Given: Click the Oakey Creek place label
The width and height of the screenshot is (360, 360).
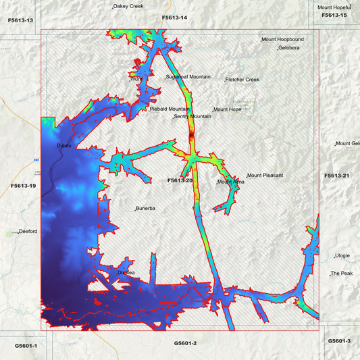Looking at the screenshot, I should (x=128, y=6).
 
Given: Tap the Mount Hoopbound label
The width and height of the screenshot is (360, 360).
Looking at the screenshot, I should (x=283, y=40).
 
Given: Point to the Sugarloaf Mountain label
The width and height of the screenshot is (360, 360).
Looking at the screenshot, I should (x=188, y=77).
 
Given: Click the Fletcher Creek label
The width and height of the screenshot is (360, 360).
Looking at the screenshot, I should (x=242, y=80).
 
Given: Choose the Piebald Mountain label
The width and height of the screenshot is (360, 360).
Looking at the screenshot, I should (x=170, y=109).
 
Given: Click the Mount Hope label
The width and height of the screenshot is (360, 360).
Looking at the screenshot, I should (x=228, y=109).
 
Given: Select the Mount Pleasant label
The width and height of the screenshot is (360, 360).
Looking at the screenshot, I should (x=265, y=176).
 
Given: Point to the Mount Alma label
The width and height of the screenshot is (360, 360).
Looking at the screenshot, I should (x=231, y=182).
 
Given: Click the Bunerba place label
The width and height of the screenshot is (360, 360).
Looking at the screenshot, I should (x=147, y=209).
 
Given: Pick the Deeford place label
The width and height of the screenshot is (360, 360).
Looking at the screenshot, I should (x=28, y=231).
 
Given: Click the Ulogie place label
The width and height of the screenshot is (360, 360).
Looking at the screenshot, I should (x=343, y=256).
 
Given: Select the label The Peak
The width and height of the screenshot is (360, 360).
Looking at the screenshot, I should (x=342, y=274).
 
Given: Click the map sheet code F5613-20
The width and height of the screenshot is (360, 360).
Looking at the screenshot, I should (x=180, y=181).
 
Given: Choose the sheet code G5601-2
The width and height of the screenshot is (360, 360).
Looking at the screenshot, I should (x=185, y=343).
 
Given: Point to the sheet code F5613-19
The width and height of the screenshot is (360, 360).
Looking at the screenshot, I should (x=24, y=184).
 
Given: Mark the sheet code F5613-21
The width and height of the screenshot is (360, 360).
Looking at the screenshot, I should (x=336, y=176).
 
